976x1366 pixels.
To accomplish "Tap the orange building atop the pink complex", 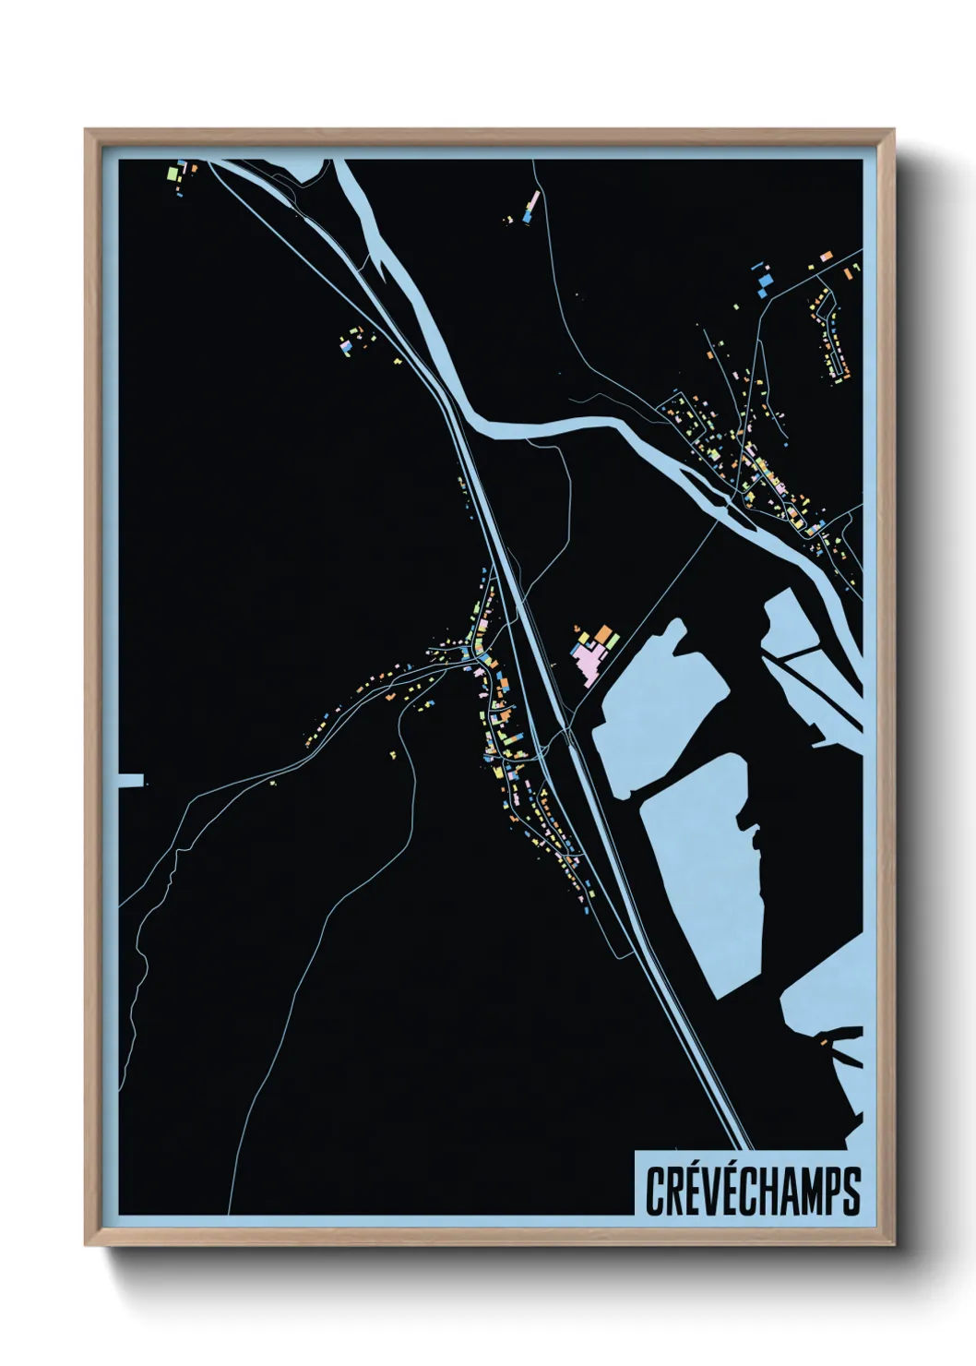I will (604, 634).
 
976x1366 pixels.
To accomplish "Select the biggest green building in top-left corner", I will (173, 172).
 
